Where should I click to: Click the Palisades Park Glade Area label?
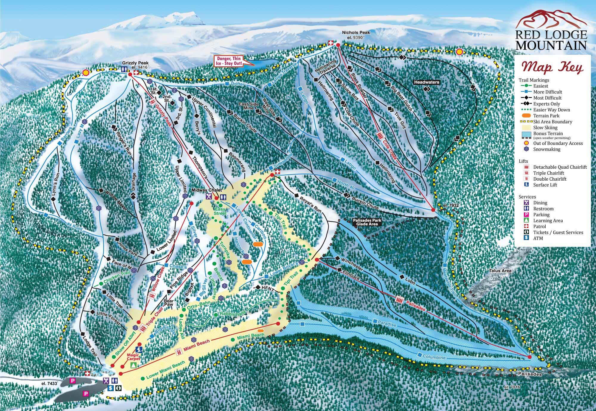point(367,222)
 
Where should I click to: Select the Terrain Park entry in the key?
point(546,115)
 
